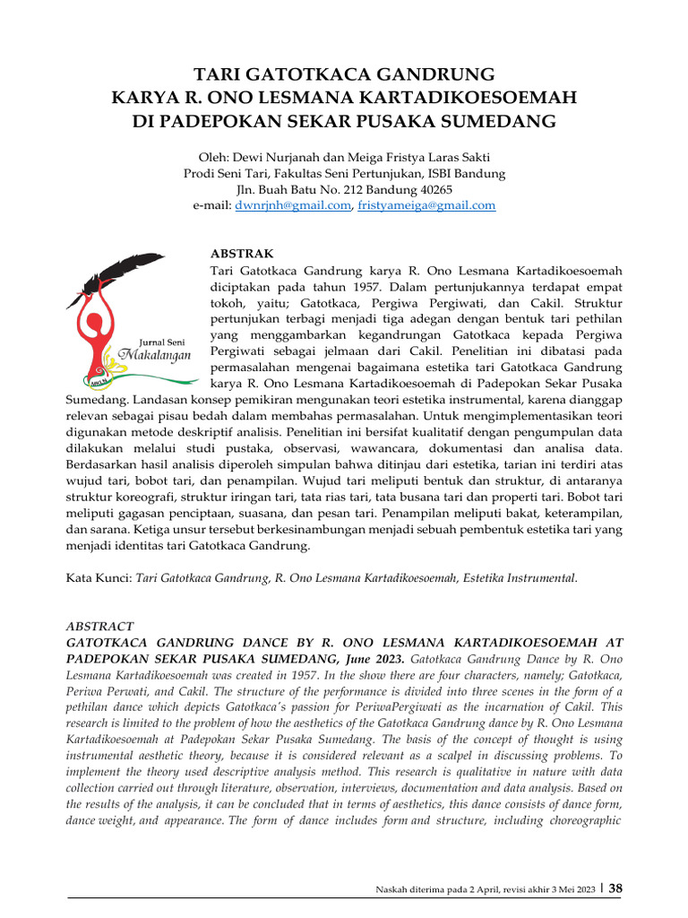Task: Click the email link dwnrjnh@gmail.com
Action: [x=292, y=205]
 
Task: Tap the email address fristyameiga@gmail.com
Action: [x=426, y=205]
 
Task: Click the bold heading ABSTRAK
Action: [x=242, y=255]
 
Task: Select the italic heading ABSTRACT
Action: [x=100, y=626]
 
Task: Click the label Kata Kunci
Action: [x=98, y=578]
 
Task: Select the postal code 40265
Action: [x=434, y=189]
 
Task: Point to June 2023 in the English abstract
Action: [x=372, y=659]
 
